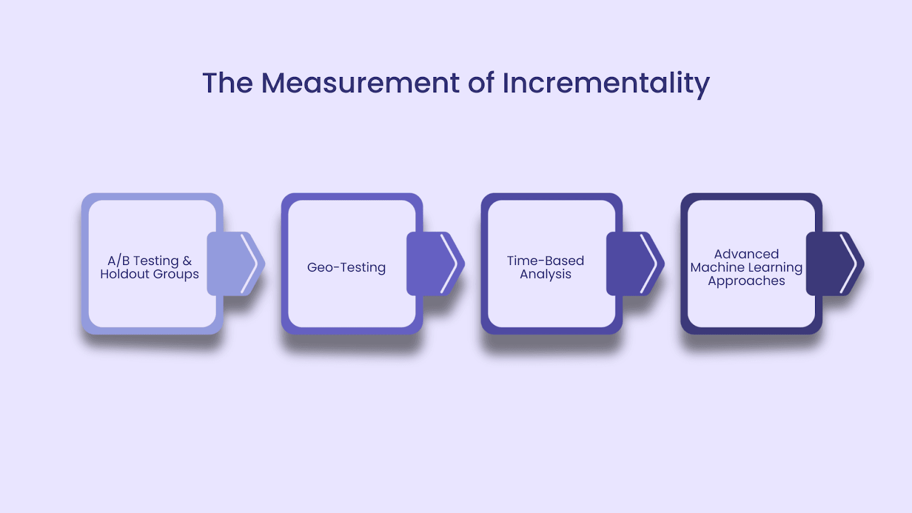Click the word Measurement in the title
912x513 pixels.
click(x=360, y=83)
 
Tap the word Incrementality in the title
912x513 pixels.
click(x=605, y=83)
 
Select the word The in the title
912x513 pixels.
click(x=227, y=83)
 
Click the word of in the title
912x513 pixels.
click(x=481, y=83)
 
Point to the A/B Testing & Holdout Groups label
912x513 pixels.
click(x=149, y=267)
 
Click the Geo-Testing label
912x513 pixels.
click(x=347, y=267)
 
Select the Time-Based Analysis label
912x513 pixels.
click(x=545, y=267)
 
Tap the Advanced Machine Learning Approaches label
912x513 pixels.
click(x=746, y=267)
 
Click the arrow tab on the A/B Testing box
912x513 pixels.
click(x=235, y=263)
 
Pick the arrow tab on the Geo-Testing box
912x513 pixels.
click(x=435, y=263)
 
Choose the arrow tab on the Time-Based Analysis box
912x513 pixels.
click(x=634, y=263)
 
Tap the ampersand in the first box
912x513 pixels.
click(x=187, y=260)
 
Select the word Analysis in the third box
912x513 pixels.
click(x=545, y=274)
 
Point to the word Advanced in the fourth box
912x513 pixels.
click(x=746, y=254)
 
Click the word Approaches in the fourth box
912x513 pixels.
click(x=746, y=281)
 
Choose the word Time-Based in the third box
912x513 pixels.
click(x=545, y=260)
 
